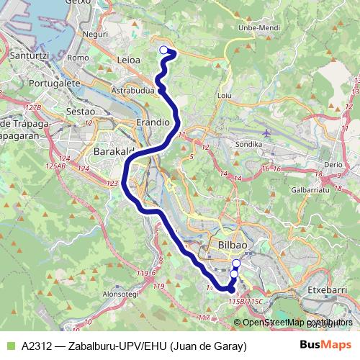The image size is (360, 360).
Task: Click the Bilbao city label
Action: tap(232, 246)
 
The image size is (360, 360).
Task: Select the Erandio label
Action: tap(153, 123)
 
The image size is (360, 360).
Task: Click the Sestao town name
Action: tap(80, 111)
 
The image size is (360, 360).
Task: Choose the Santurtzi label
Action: tap(24, 55)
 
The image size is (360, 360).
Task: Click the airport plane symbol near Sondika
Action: tap(268, 132)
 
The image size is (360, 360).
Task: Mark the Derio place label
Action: tap(333, 164)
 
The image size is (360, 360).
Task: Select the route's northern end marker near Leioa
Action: tap(163, 50)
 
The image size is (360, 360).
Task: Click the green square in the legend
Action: tap(10, 346)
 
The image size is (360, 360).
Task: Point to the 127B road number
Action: tap(32, 107)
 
